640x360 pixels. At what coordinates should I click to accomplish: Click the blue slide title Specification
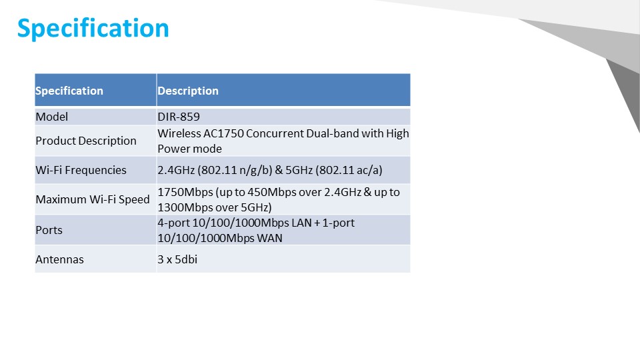(x=93, y=29)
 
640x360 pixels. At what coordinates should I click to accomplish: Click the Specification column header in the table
(x=69, y=91)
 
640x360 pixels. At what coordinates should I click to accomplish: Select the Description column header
(x=188, y=91)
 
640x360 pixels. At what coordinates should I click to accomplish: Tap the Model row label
(x=52, y=117)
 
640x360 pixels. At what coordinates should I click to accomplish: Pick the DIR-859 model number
(x=179, y=117)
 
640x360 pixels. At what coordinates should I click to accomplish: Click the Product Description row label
(x=86, y=141)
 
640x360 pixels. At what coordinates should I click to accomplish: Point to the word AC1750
(x=224, y=133)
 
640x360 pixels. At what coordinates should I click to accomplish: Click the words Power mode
(x=190, y=149)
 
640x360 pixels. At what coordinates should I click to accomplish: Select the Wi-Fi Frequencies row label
(x=81, y=170)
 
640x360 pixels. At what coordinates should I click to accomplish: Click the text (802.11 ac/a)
(x=349, y=170)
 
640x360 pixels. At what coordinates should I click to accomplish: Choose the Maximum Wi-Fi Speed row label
(x=93, y=199)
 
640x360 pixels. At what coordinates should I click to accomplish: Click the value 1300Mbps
(x=185, y=208)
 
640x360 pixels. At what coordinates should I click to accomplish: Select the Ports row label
(x=49, y=230)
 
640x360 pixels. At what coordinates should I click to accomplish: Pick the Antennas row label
(x=59, y=259)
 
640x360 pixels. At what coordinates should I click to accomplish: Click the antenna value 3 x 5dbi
(x=177, y=259)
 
